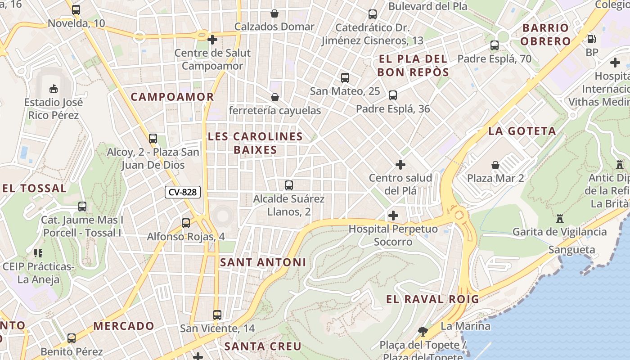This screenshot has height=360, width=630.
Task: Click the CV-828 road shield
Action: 182,192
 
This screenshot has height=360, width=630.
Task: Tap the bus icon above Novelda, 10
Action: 76,9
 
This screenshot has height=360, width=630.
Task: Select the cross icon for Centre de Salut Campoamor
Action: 212,40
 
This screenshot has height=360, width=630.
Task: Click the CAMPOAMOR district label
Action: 172,97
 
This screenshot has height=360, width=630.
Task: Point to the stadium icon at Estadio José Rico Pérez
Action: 54,88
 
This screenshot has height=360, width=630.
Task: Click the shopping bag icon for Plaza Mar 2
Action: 495,165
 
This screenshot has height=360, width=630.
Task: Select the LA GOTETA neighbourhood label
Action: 522,131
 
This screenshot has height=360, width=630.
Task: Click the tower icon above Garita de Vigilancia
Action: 560,219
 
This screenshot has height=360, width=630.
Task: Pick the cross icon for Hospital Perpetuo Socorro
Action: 393,216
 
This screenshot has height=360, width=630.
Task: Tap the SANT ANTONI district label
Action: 263,262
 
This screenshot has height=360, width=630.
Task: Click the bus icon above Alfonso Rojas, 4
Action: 186,223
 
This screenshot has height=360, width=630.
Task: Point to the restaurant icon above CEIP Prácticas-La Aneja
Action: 38,253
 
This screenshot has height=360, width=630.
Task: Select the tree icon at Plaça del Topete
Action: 423,332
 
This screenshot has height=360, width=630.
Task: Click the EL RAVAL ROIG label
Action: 432,299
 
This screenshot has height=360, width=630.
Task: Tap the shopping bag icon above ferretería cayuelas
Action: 275,97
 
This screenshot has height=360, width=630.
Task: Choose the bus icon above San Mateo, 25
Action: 345,78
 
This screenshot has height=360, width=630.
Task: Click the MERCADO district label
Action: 124,326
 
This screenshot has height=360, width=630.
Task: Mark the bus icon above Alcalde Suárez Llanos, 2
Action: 289,185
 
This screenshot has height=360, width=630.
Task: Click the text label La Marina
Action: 465,326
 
